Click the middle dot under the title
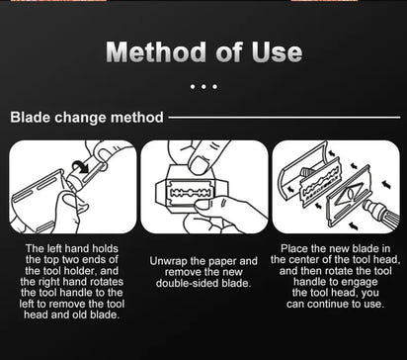203,87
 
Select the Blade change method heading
87,118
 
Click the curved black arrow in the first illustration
81,166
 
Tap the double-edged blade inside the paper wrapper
189,193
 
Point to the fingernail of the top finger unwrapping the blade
199,165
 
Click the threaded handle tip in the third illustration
370,209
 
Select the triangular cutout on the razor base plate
350,193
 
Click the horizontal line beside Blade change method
285,117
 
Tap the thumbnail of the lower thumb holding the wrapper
202,205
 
